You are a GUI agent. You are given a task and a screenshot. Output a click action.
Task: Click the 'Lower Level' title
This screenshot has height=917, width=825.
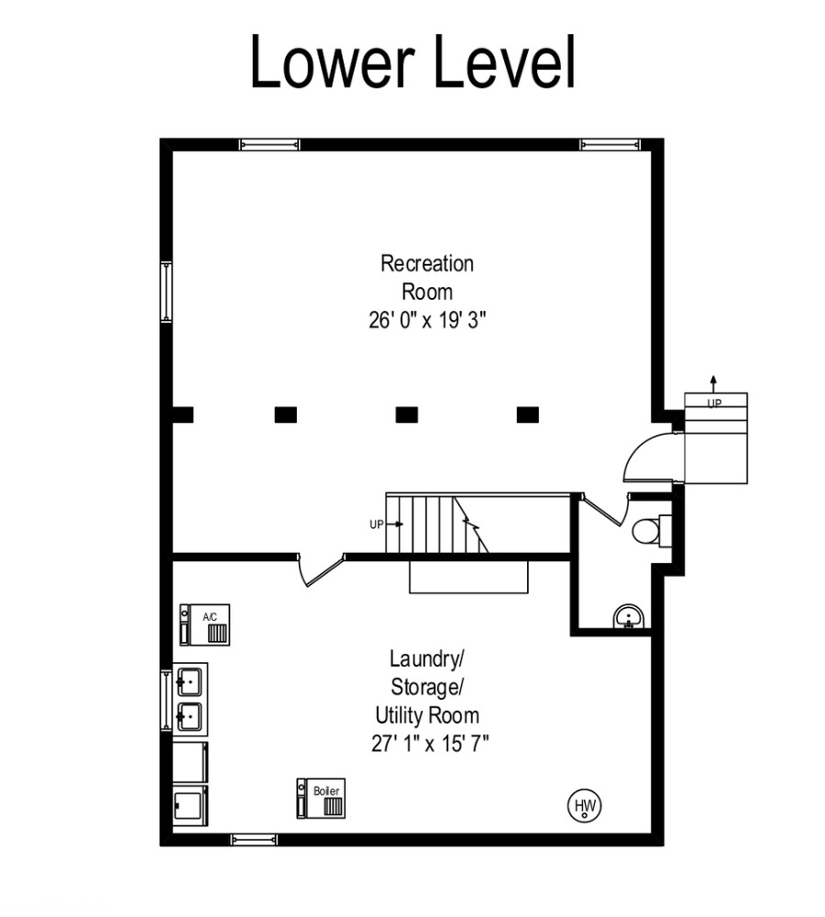(412, 62)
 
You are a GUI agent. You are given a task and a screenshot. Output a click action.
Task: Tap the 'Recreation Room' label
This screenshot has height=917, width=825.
(427, 277)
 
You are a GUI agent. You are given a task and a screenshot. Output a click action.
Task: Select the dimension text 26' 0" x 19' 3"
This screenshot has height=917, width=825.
(427, 320)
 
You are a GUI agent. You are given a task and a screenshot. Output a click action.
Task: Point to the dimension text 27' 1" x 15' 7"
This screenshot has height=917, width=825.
(430, 744)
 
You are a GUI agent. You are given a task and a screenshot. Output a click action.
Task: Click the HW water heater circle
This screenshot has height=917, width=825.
(585, 806)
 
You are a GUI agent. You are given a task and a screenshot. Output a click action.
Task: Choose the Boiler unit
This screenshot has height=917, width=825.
(321, 799)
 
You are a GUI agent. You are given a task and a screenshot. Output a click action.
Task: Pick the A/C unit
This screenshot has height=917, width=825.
(204, 624)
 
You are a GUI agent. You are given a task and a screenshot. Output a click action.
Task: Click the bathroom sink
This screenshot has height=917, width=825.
(629, 617)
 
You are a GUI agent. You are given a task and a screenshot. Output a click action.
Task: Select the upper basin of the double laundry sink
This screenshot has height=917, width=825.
(189, 682)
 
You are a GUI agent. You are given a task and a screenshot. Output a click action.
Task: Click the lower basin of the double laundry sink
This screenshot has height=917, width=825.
(189, 716)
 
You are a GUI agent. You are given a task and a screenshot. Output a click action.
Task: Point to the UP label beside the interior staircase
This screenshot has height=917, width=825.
(377, 525)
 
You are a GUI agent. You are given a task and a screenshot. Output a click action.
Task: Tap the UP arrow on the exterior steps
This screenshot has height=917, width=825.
(713, 383)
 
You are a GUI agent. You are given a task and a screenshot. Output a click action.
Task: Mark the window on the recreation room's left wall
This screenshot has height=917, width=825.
(167, 292)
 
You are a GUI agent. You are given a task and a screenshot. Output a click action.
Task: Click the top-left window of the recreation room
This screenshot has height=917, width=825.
(269, 145)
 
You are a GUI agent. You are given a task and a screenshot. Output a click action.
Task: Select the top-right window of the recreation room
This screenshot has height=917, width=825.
(610, 145)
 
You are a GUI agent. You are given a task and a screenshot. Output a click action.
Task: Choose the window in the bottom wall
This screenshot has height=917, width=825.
(254, 840)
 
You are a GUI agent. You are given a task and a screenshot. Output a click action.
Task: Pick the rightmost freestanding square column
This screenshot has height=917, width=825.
(528, 414)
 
